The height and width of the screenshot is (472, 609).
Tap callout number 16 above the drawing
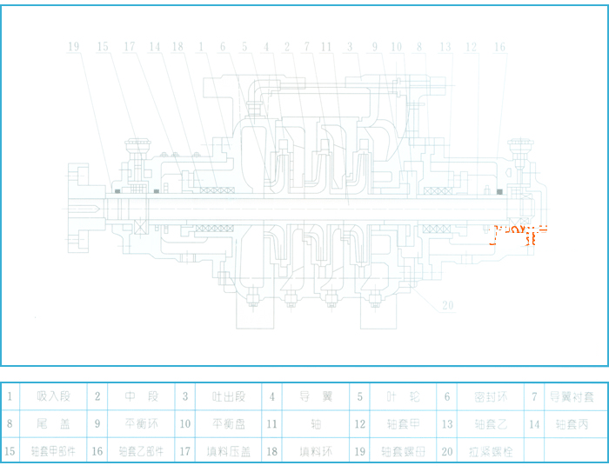(499, 47)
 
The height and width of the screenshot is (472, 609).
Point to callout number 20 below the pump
(447, 305)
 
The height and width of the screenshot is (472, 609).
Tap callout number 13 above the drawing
(445, 47)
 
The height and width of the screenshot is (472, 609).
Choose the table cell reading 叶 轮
(402, 397)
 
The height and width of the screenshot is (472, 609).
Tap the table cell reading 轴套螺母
(402, 451)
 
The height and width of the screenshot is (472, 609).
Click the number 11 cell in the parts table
(272, 424)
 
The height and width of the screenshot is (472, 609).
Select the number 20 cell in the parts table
(447, 451)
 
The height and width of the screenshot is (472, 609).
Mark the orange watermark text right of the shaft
(519, 232)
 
